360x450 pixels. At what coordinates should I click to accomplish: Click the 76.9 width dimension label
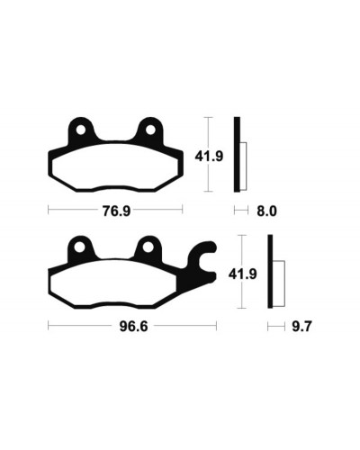116,211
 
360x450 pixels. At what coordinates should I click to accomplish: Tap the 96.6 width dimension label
133,326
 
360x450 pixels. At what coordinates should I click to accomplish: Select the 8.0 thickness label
266,211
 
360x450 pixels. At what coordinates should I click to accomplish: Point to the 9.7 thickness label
301,326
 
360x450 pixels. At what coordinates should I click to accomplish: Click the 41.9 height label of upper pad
209,157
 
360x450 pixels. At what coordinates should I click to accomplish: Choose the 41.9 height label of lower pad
242,274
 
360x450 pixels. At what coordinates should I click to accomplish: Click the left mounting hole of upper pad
80,130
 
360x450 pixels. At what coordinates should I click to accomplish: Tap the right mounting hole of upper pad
150,130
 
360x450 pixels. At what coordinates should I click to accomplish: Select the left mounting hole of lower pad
79,247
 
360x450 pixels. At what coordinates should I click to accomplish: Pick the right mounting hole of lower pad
148,247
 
